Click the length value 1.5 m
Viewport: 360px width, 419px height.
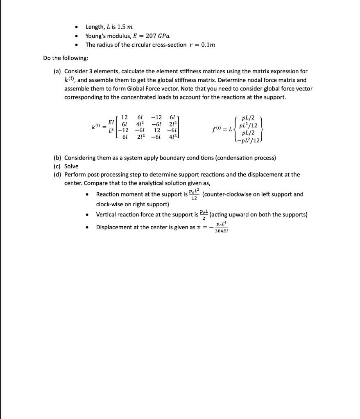pos(125,27)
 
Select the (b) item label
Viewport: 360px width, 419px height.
pos(58,158)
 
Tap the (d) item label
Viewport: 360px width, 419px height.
pos(58,175)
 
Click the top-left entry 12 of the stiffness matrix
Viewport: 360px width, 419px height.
pos(125,117)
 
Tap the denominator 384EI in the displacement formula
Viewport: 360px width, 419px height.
pos(222,231)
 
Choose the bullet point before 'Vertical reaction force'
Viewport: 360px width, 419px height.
pos(87,215)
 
